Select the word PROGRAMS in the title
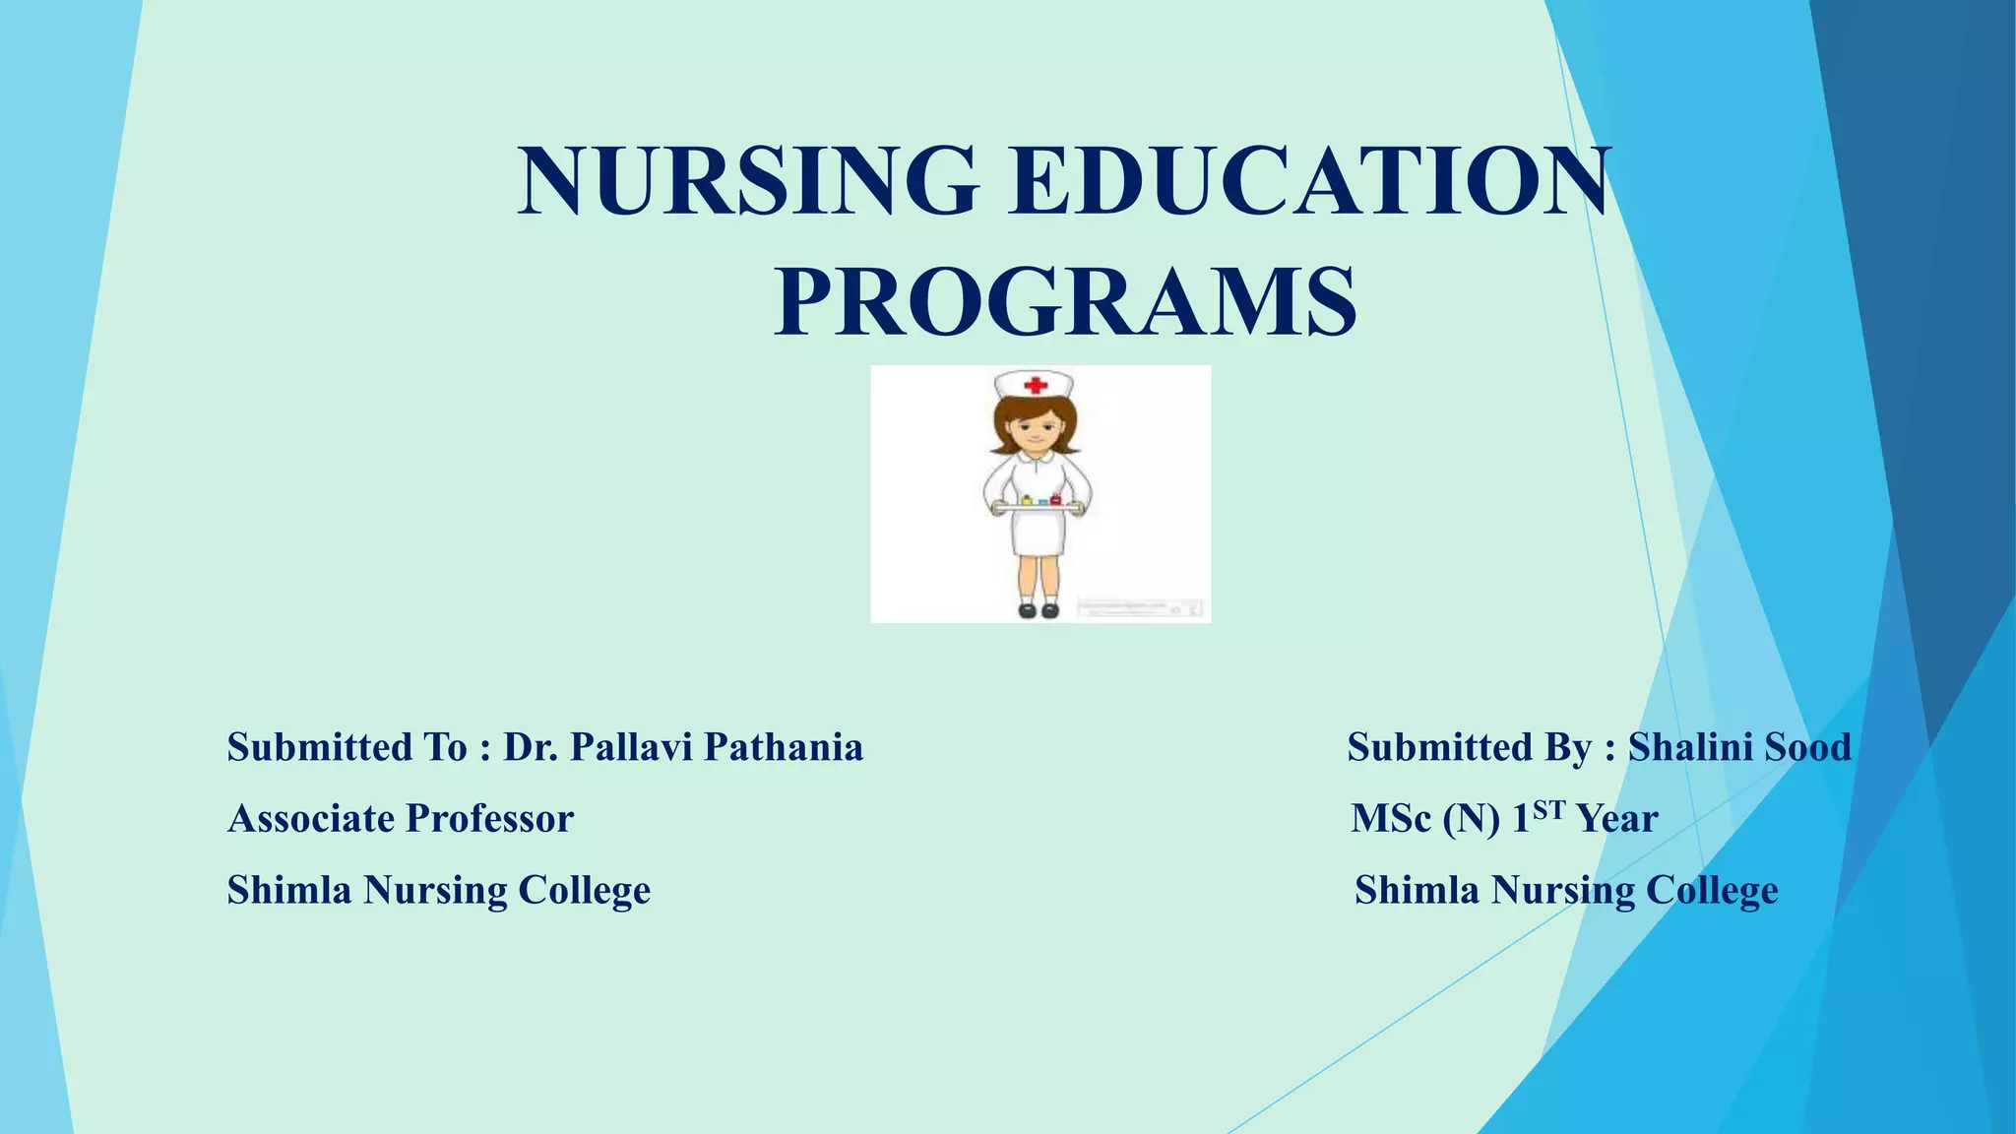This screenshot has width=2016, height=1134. tap(1065, 301)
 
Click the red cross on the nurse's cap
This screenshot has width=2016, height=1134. tap(1035, 385)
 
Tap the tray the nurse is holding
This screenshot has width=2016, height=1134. tap(1039, 506)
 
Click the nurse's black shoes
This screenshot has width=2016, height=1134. tap(1039, 610)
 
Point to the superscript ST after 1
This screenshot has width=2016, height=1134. tap(1548, 809)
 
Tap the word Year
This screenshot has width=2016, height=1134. tap(1617, 818)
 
